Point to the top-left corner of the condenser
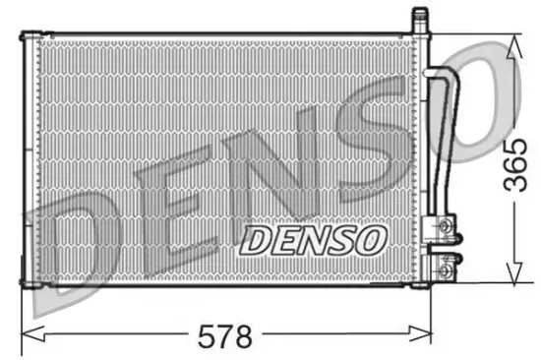click(x=23, y=36)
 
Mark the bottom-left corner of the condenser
click(x=23, y=285)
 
